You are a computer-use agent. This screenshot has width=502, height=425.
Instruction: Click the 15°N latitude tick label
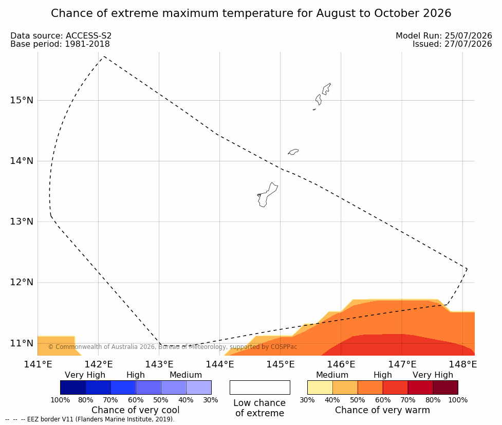22,100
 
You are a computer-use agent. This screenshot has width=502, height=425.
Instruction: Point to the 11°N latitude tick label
22,343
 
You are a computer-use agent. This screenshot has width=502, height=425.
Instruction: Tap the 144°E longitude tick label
220,364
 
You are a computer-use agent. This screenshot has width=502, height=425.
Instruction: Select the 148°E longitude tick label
462,364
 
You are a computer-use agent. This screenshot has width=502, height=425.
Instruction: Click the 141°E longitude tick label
38,364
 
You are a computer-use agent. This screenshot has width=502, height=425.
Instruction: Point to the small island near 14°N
293,152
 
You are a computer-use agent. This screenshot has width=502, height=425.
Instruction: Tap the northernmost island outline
326,89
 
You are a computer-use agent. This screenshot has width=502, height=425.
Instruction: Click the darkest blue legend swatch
73,387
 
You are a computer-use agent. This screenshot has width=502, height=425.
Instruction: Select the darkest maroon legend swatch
445,387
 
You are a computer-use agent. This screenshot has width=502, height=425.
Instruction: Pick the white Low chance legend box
260,387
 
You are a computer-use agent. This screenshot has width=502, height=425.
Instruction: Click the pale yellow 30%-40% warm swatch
320,387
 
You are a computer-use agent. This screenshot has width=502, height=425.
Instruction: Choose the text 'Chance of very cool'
136,410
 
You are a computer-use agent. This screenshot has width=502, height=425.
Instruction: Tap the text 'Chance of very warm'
382,410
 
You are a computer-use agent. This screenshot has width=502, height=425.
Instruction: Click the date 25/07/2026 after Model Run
468,36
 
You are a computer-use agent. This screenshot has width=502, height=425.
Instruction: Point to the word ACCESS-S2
89,36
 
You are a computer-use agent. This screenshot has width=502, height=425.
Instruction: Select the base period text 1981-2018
87,44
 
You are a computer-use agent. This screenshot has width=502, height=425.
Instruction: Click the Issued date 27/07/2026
468,44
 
